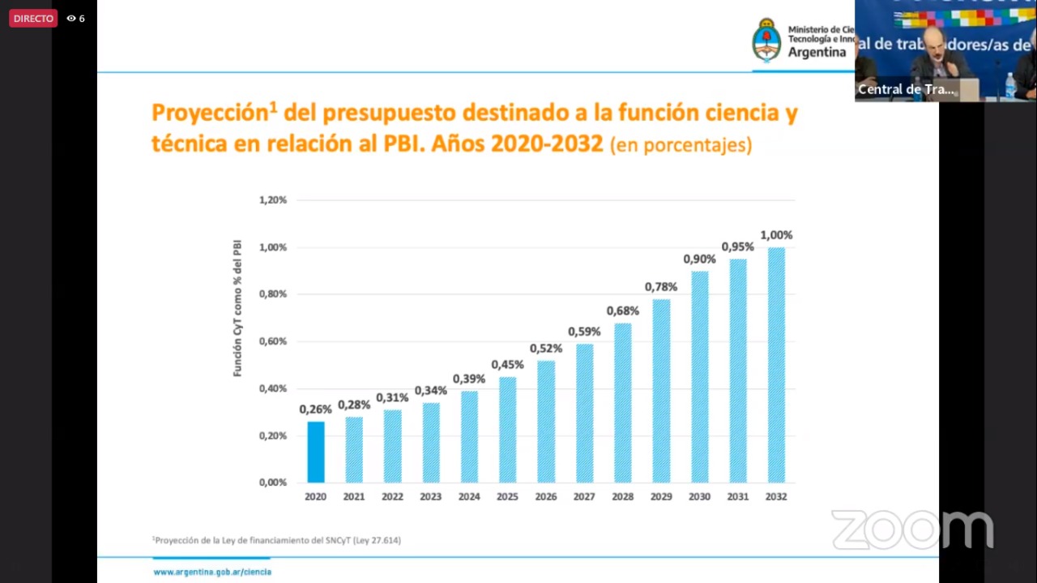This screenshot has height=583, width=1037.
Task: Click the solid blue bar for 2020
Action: tap(315, 452)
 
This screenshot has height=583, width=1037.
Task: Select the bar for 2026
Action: tap(546, 422)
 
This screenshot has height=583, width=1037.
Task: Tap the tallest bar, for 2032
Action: tap(776, 365)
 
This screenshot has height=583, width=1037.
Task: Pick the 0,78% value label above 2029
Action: tap(661, 287)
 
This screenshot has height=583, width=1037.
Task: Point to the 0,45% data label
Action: tap(507, 365)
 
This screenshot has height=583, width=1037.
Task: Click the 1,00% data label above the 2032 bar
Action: tap(776, 235)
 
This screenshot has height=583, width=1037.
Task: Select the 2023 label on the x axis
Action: tap(430, 496)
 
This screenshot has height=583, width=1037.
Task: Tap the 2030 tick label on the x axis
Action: tap(699, 496)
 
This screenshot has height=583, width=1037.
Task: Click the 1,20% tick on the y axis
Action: tap(273, 199)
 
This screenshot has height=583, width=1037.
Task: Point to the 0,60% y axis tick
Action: tap(273, 341)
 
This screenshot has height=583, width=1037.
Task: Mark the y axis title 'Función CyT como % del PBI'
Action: tap(237, 308)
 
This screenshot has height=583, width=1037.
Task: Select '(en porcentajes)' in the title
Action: tap(681, 146)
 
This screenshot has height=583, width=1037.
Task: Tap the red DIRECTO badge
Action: tap(33, 18)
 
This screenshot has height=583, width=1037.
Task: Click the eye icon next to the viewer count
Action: tap(71, 18)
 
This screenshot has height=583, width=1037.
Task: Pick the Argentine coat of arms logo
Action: tap(766, 41)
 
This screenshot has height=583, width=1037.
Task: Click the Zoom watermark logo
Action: tap(911, 529)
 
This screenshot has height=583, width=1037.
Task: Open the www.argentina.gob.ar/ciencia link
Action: tap(212, 572)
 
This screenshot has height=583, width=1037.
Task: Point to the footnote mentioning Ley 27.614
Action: tap(277, 540)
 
